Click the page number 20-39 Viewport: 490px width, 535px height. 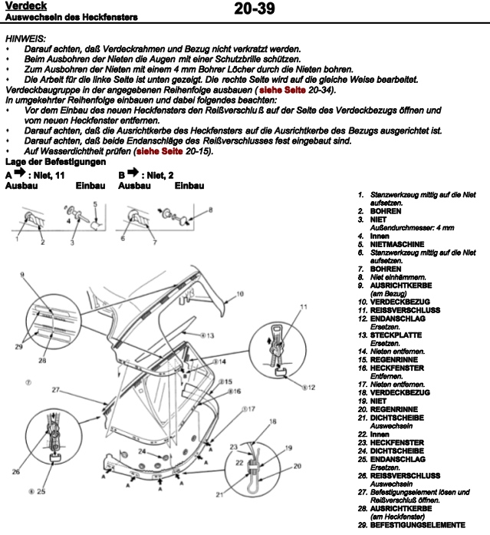click(253, 10)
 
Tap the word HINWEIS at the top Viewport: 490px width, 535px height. click(25, 38)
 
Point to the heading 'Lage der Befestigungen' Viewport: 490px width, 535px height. click(55, 161)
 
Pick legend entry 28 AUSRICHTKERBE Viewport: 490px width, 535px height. click(401, 508)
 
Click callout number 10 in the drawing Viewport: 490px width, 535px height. click(239, 293)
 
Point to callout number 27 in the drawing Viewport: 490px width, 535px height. click(55, 391)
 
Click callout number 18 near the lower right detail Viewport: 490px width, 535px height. click(273, 421)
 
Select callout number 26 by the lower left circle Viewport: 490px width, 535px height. click(15, 471)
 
